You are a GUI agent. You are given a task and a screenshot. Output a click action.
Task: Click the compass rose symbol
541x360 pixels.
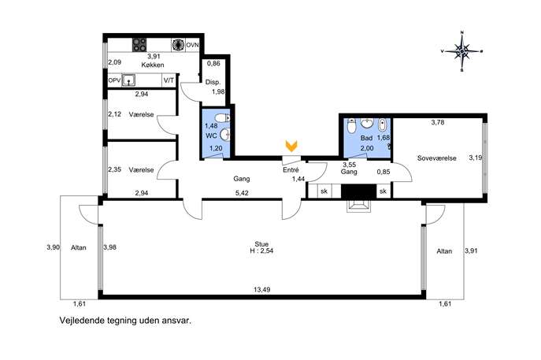point(461,51)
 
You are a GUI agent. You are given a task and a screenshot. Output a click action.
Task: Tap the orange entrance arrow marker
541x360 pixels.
point(291,146)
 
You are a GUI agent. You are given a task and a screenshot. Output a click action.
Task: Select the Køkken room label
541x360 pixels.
point(153,65)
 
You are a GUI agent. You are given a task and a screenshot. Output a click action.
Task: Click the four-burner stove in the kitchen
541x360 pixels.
point(139,45)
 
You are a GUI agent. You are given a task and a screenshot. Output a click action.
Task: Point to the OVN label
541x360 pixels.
point(192,45)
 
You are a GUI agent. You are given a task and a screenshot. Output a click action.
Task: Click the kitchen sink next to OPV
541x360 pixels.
point(128,80)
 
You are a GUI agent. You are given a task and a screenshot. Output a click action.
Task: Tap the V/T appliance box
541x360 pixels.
point(169,80)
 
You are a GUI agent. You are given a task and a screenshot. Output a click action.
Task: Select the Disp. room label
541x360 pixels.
point(213,82)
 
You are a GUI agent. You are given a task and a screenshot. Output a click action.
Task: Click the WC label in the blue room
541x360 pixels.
point(211,136)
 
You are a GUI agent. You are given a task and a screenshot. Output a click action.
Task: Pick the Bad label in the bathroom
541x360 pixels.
point(366,138)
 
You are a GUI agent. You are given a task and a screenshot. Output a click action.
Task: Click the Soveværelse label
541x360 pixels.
point(436,158)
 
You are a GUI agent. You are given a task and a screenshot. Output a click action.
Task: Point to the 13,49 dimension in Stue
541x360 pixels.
point(262,290)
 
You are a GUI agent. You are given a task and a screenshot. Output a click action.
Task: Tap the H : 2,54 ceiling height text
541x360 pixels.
point(261,251)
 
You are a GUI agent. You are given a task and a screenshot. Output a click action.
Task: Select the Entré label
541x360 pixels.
point(291,170)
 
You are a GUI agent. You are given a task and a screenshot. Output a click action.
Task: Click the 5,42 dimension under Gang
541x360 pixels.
point(242,193)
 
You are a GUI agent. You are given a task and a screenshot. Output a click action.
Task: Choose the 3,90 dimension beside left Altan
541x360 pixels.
point(53,247)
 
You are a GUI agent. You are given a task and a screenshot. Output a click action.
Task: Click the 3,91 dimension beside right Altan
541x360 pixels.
point(471,251)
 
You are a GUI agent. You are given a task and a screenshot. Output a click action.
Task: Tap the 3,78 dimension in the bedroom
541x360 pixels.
point(438,122)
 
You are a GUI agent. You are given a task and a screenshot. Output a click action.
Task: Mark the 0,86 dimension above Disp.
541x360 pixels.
point(213,63)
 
